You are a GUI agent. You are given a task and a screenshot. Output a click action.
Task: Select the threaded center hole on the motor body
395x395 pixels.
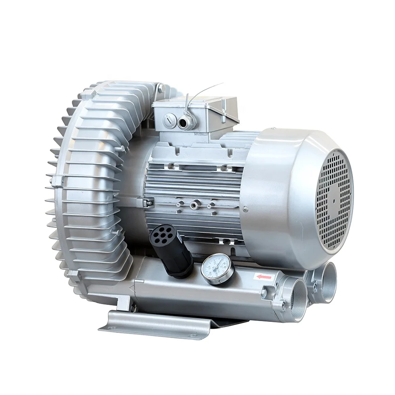click(194, 204)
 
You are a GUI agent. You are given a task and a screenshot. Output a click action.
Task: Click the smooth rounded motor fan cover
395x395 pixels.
click(276, 190)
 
